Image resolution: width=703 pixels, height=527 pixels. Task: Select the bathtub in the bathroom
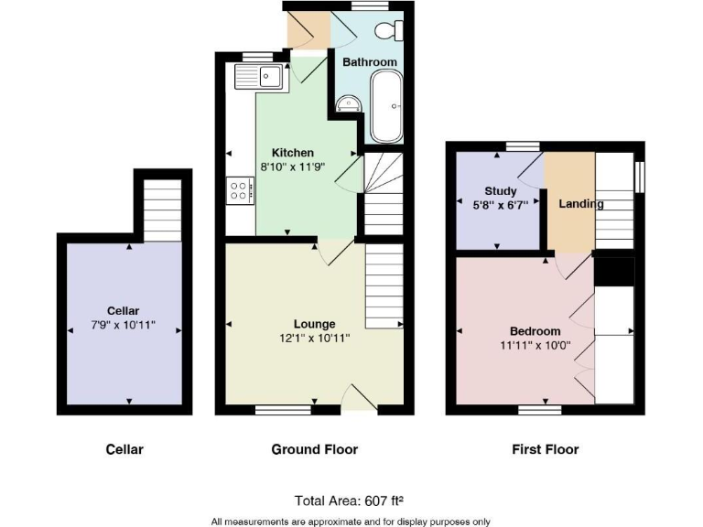click(x=385, y=107)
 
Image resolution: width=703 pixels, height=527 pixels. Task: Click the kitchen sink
click(x=261, y=75)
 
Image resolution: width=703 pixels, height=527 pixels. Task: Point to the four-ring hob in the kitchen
click(x=240, y=188)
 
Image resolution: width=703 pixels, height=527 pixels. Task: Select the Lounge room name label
click(x=314, y=324)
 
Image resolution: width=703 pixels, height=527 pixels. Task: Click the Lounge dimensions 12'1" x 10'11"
click(x=314, y=338)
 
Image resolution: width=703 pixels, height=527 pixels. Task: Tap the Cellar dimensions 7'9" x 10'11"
click(x=124, y=325)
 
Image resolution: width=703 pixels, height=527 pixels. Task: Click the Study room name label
click(x=501, y=191)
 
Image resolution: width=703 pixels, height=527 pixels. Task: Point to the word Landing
click(x=582, y=204)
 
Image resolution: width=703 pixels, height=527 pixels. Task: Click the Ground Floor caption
click(x=314, y=449)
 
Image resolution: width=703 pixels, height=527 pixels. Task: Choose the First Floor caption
click(x=545, y=449)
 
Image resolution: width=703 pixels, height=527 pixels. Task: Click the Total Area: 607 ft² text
click(x=349, y=500)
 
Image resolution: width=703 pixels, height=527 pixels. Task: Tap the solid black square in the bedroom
click(x=613, y=272)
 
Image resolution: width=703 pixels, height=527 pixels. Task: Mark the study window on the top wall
click(x=523, y=145)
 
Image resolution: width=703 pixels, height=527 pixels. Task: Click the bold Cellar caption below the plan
click(x=124, y=449)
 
